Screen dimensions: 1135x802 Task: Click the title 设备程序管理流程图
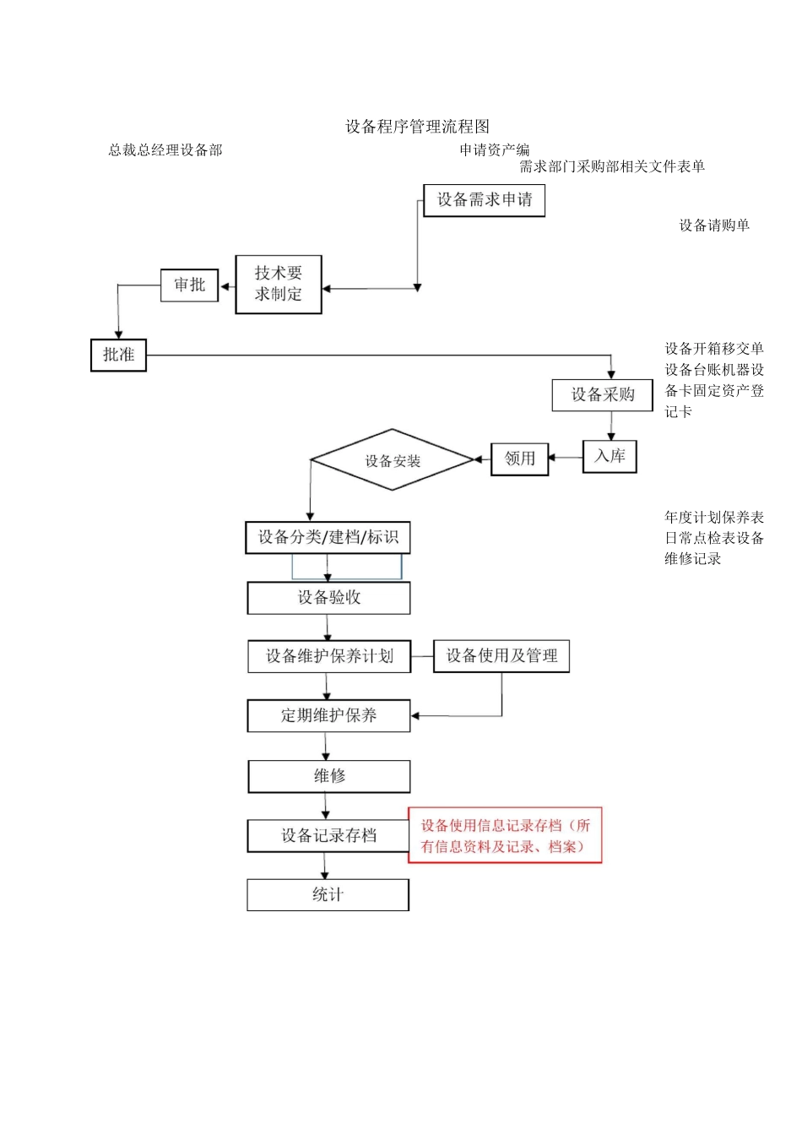[x=417, y=127]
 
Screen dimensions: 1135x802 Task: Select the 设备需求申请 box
[x=484, y=200]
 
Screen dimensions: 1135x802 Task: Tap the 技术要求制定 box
[x=279, y=285]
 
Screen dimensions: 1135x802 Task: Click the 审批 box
[x=189, y=285]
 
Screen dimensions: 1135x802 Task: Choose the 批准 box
[x=118, y=355]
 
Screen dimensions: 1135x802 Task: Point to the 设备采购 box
[x=602, y=395]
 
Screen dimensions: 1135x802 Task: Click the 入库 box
[x=610, y=457]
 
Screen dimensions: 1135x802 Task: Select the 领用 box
[x=519, y=459]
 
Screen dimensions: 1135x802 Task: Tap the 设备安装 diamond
[x=393, y=460]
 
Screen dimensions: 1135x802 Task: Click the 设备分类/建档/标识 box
[x=328, y=538]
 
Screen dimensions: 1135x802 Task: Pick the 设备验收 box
[x=328, y=598]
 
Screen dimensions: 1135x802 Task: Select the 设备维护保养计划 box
[x=329, y=657]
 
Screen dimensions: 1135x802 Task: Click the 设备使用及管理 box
[x=501, y=656]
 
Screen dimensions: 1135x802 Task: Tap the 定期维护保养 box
[x=328, y=716]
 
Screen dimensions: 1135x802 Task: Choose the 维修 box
[x=328, y=776]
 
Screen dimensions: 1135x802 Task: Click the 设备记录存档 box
[x=328, y=836]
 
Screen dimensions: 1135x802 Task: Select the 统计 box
[x=328, y=895]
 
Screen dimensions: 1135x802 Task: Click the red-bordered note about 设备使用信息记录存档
[x=505, y=836]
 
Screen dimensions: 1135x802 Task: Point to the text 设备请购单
[x=714, y=225]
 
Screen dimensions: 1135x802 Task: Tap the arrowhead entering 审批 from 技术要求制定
[x=225, y=287]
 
